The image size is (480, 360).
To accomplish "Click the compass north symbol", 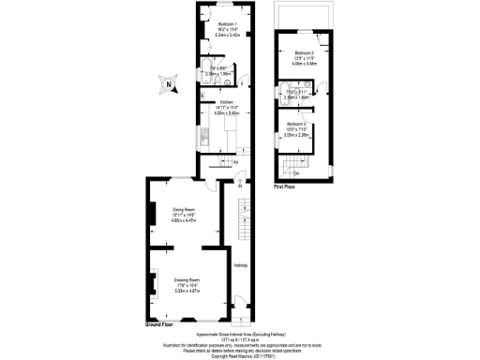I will click(x=168, y=86).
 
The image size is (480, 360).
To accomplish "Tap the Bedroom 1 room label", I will click(x=226, y=23).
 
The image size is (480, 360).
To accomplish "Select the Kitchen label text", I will click(x=226, y=102).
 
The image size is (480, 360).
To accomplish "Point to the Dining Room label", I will click(x=183, y=209).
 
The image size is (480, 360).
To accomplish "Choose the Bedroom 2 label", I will click(x=302, y=52).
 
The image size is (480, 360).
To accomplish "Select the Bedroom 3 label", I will click(x=297, y=124).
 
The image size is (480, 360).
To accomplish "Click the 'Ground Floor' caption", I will click(x=159, y=324).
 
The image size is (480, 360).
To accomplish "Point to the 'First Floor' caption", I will click(x=285, y=187).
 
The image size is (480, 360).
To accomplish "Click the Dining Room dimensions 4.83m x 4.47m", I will click(x=183, y=221).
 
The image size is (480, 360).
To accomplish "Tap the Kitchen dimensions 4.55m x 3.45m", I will click(x=226, y=113).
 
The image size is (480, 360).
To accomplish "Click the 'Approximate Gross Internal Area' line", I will click(x=240, y=334).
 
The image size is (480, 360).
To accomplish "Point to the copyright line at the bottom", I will click(x=240, y=355).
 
